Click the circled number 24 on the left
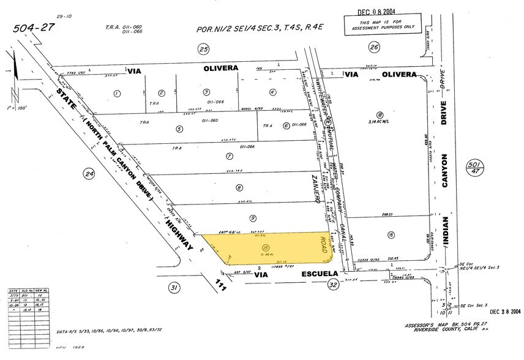(90, 174)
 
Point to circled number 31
(174, 288)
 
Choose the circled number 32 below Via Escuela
(333, 284)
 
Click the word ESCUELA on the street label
(298, 276)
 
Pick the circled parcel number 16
(389, 234)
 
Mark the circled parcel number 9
(253, 217)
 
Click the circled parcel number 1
(115, 94)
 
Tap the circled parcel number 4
(272, 92)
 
